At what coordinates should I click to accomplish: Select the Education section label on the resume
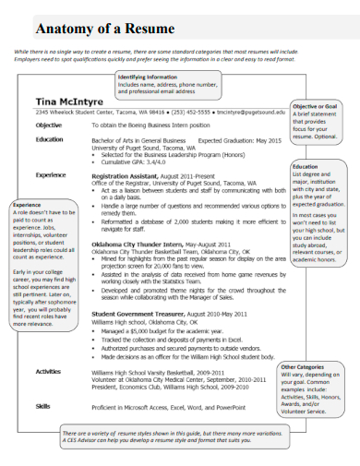pos(49,139)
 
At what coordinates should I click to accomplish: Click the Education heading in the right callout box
pos(305,167)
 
